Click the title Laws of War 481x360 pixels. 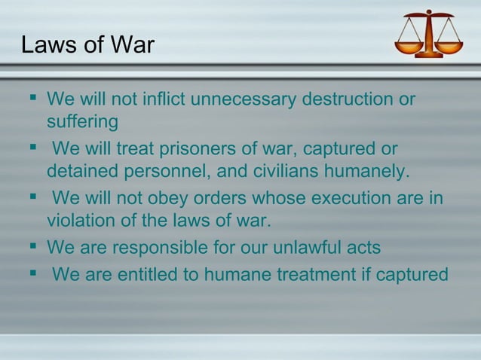[x=87, y=45]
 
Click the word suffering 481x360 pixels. [x=82, y=121]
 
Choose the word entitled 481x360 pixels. [x=156, y=275]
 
